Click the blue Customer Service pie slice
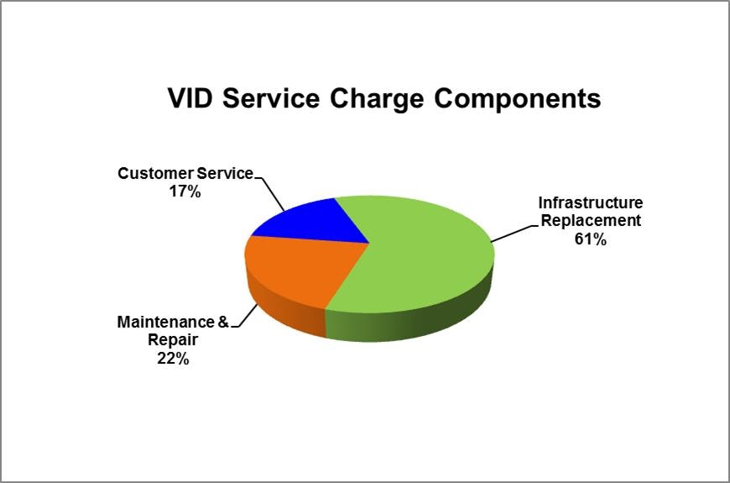click(x=316, y=223)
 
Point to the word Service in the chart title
click(x=271, y=98)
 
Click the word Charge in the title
click(x=377, y=100)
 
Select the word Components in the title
click(x=517, y=100)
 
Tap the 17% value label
click(x=185, y=192)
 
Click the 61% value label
click(x=591, y=239)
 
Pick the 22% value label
click(x=173, y=358)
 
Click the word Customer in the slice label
click(x=156, y=173)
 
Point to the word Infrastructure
click(x=591, y=202)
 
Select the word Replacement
click(x=591, y=221)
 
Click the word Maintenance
click(x=164, y=322)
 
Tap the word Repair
click(x=173, y=340)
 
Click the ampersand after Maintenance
click(x=223, y=322)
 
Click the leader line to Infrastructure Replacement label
click(x=514, y=234)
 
